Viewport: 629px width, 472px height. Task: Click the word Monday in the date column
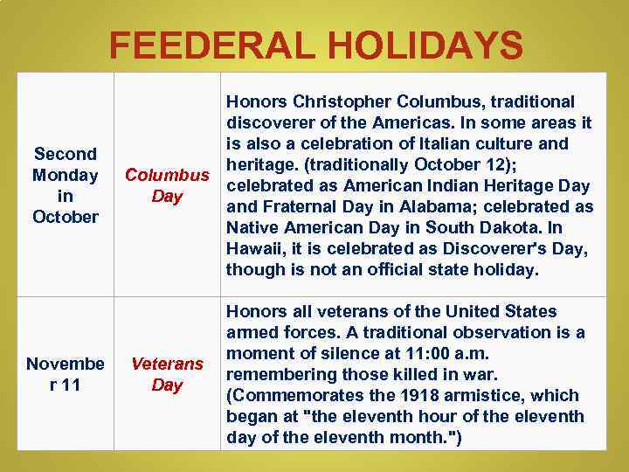(x=65, y=174)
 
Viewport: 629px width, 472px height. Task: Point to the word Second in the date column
(x=65, y=153)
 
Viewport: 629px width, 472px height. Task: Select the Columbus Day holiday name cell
(x=167, y=184)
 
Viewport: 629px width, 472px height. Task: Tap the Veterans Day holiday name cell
(x=167, y=374)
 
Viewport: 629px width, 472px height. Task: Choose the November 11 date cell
(x=65, y=374)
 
